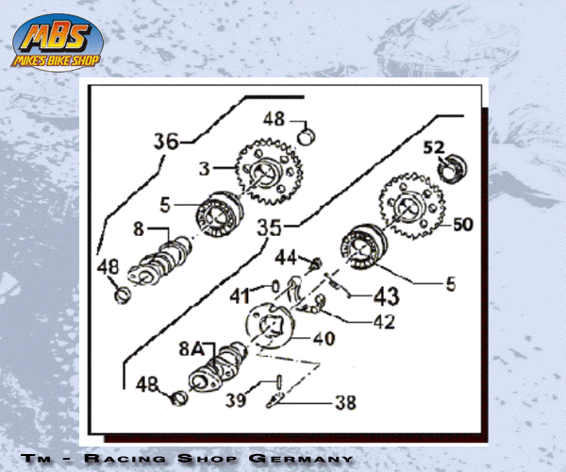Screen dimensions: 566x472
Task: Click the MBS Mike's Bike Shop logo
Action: coord(58,42)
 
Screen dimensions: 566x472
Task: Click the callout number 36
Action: coord(166,142)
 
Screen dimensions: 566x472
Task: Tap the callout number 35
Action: coord(269,228)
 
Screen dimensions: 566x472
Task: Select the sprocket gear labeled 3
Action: coord(269,172)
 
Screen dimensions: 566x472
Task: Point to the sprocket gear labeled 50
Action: coord(412,206)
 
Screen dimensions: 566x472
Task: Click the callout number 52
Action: coord(434,147)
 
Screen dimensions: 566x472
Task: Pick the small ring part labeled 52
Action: coord(452,168)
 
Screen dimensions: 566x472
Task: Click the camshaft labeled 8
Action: coord(159,261)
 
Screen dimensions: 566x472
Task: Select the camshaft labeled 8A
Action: coord(218,368)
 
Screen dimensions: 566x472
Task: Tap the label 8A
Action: coord(191,349)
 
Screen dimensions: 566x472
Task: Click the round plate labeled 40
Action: coord(269,326)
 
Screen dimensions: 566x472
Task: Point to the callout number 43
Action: coord(386,296)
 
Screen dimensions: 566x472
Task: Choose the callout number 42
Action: coord(385,322)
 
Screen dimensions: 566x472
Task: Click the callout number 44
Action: coord(286,258)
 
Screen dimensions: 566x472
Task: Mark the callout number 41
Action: coord(240,296)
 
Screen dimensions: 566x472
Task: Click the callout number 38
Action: coord(345,402)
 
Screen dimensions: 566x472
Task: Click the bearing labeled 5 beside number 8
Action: coord(219,214)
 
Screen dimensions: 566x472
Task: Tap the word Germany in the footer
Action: coord(300,458)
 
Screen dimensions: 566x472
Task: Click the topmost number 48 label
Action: coord(274,119)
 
